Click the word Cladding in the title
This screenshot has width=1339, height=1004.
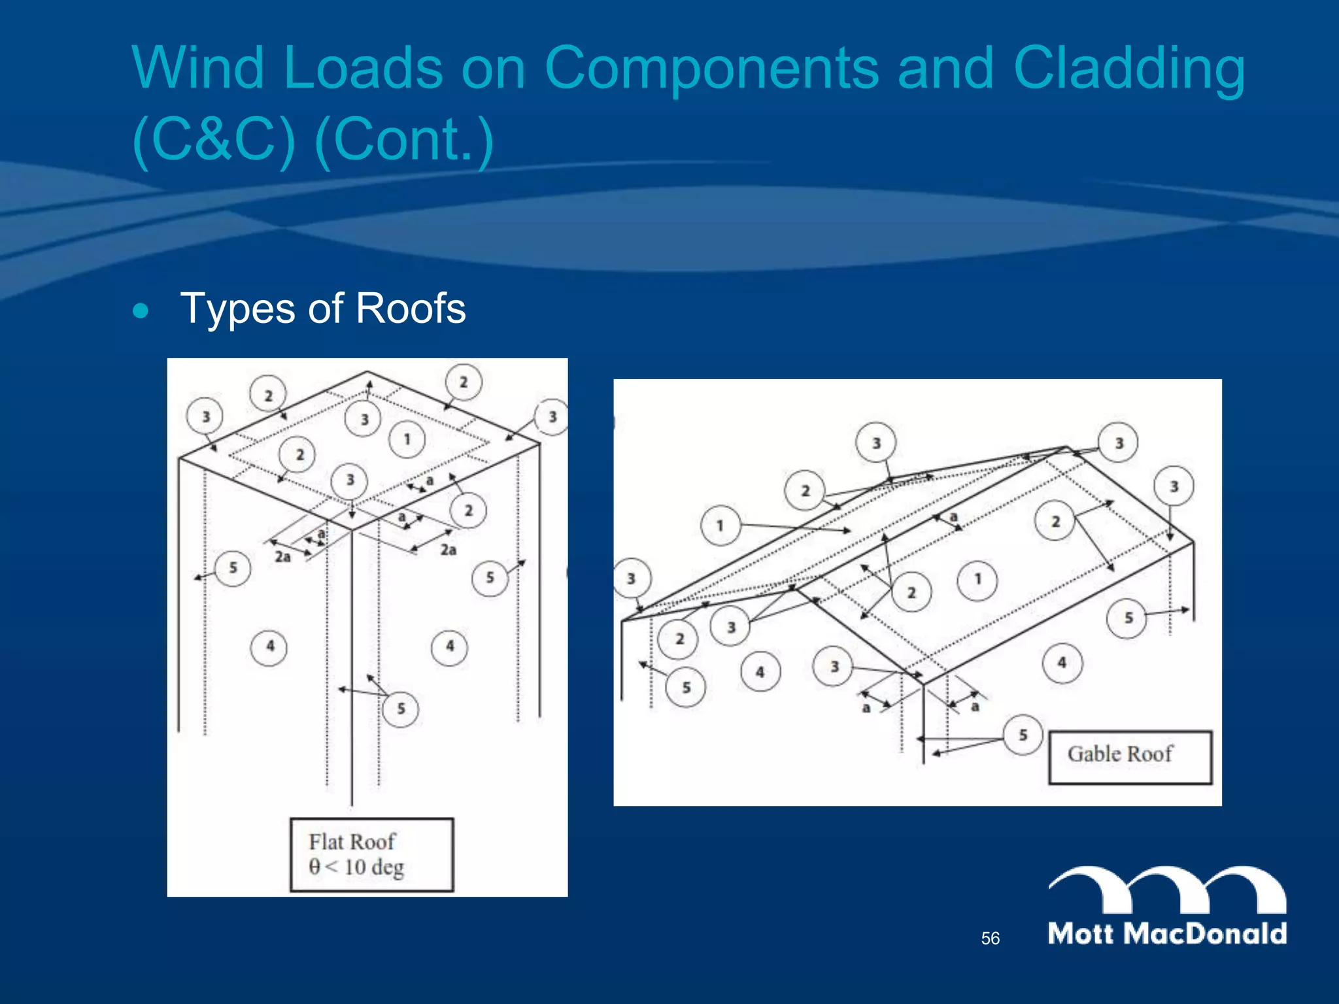[x=1128, y=68]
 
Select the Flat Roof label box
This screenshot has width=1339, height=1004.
[x=371, y=854]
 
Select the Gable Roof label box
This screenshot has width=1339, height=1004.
[x=1130, y=756]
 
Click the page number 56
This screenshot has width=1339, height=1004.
[x=990, y=939]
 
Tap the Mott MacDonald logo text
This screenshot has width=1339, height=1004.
[x=1167, y=933]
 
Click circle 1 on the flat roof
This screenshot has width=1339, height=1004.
[x=407, y=439]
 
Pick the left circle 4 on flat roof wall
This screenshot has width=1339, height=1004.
[x=269, y=647]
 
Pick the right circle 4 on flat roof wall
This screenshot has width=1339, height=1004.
[x=449, y=647]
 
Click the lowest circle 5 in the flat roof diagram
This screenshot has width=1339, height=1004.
[x=401, y=709]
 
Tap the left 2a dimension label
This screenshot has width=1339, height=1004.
[x=282, y=557]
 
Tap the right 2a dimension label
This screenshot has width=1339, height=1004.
[x=448, y=550]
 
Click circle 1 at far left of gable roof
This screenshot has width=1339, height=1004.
[x=720, y=525]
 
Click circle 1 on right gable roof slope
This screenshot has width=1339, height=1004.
[x=977, y=579]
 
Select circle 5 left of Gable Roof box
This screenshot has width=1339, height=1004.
[x=1023, y=735]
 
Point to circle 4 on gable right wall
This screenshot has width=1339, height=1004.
[x=1062, y=663]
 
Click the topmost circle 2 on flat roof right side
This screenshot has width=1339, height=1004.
[x=463, y=382]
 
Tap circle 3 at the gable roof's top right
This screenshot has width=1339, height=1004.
[x=1119, y=443]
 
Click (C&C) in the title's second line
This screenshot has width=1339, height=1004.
[x=214, y=139]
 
